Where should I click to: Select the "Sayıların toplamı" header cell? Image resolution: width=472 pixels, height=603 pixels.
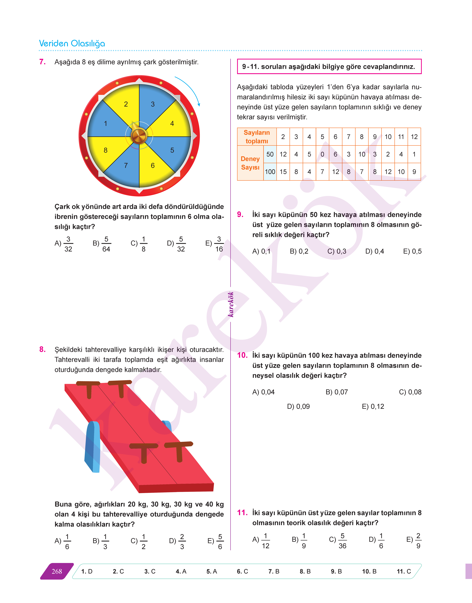257,137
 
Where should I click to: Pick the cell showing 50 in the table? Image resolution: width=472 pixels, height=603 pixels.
270,154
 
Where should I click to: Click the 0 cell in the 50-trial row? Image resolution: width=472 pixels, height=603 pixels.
322,154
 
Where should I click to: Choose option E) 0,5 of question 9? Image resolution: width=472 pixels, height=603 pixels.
412,251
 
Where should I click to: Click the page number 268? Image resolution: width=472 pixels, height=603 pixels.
57,572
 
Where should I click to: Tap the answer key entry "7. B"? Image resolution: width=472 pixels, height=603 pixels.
274,572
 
